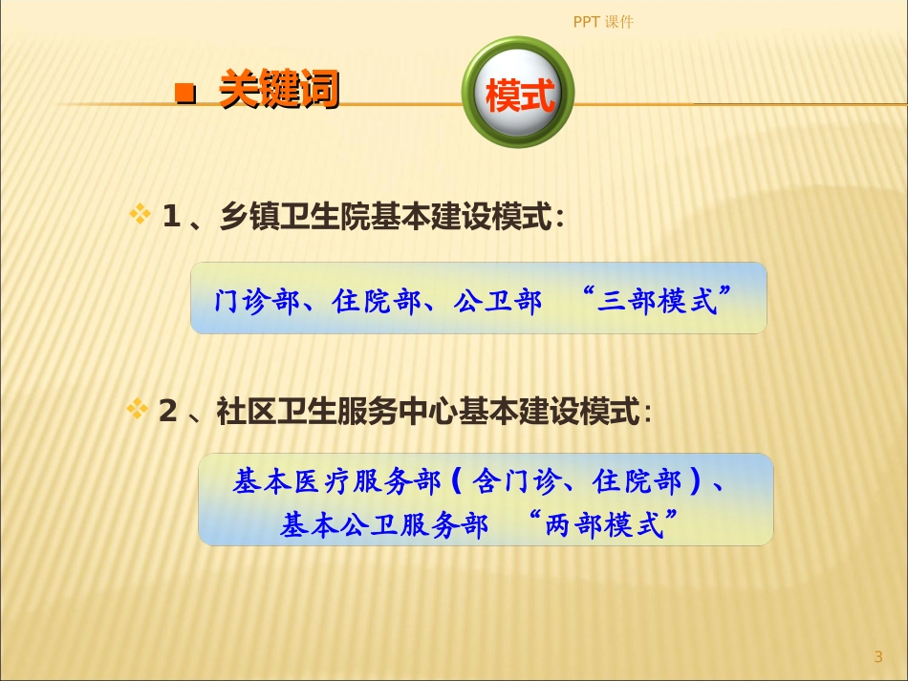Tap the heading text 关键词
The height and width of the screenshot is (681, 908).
pyautogui.click(x=279, y=91)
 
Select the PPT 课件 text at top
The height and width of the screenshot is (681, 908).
pyautogui.click(x=603, y=22)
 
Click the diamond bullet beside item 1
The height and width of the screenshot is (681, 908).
pyautogui.click(x=140, y=215)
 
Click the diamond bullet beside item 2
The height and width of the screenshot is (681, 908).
pyautogui.click(x=138, y=411)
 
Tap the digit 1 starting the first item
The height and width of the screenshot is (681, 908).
pyautogui.click(x=171, y=218)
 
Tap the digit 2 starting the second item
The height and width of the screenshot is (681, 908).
pyautogui.click(x=168, y=413)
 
